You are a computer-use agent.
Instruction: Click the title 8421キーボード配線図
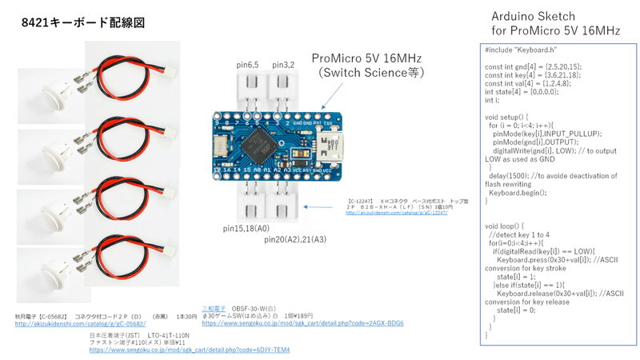point(83,23)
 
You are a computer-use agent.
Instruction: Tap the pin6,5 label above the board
point(247,64)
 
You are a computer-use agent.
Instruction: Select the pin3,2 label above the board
point(283,64)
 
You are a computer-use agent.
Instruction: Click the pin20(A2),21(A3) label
point(294,239)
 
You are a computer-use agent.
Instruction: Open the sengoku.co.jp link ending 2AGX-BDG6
point(302,324)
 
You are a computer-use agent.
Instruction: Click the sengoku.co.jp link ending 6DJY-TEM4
point(189,350)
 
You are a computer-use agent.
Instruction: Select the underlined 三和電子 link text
point(214,309)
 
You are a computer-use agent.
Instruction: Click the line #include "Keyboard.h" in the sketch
point(520,50)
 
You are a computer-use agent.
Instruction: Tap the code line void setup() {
point(508,117)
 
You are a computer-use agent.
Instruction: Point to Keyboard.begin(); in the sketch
point(517,193)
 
